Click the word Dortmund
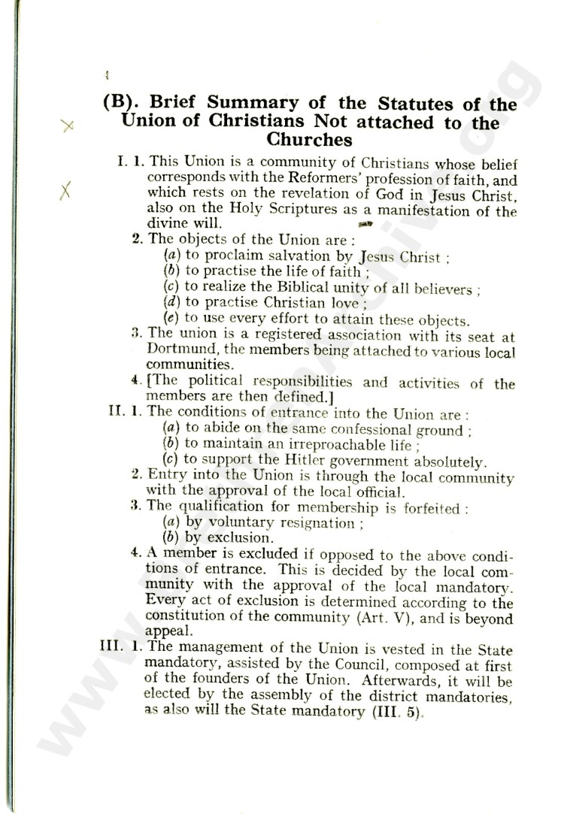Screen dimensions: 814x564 coord(174,351)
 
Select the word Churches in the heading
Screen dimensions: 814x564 coord(309,140)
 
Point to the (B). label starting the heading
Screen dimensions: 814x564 coord(125,104)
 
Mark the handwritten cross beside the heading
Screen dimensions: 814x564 coord(68,127)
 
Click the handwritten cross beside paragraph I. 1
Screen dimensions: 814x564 coord(65,193)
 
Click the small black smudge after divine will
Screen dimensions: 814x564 coord(367,223)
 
